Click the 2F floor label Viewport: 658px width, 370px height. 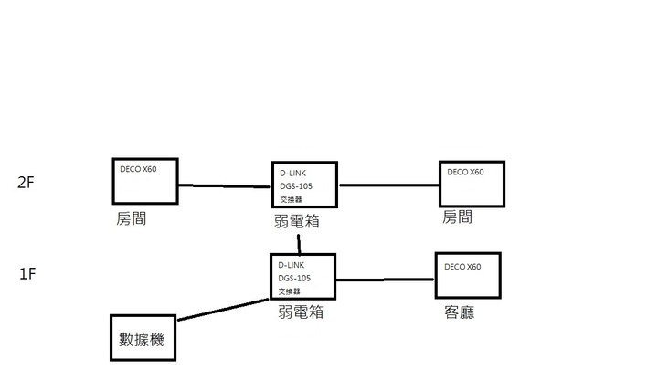point(25,182)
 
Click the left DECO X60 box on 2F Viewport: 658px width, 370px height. point(143,181)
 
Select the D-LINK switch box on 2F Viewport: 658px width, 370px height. point(304,186)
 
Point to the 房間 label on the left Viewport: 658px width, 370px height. point(132,220)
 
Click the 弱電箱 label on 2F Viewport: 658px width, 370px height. point(297,222)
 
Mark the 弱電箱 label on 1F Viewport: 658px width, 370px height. point(301,312)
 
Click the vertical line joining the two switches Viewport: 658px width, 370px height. point(299,242)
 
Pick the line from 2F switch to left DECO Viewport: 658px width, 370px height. point(224,185)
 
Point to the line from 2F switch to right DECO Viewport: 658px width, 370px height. point(387,185)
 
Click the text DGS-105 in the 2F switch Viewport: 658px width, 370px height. point(294,185)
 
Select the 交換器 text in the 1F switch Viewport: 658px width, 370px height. point(289,291)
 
